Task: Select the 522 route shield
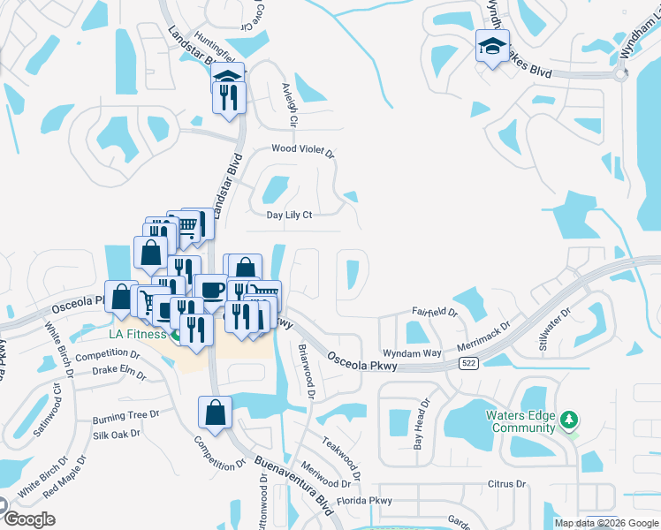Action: click(468, 363)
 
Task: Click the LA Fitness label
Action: click(132, 335)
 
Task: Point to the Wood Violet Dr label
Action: click(302, 151)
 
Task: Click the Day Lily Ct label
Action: click(290, 215)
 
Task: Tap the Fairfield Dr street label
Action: click(435, 312)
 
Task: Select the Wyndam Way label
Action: click(417, 352)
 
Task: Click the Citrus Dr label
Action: click(506, 484)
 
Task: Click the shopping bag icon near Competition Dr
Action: click(216, 412)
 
